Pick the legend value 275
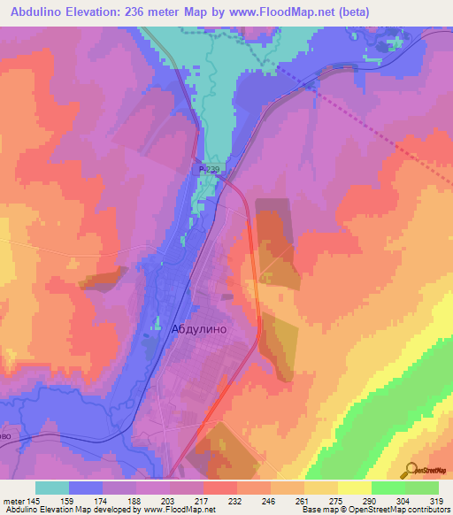336,501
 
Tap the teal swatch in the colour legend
52,488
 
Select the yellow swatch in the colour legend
354,488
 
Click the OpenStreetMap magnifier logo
409,470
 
